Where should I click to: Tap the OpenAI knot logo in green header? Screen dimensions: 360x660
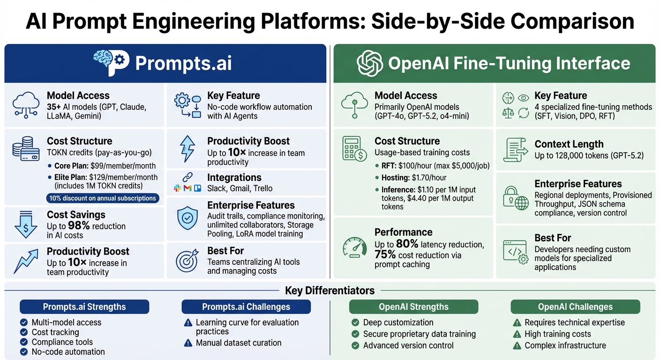coord(370,63)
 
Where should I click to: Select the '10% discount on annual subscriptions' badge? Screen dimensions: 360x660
coord(103,198)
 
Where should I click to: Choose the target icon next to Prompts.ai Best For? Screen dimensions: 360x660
coord(187,261)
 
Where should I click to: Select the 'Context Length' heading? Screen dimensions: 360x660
coord(569,144)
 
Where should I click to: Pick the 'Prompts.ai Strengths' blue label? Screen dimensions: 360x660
coord(84,307)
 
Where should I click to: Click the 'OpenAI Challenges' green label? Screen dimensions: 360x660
coord(575,307)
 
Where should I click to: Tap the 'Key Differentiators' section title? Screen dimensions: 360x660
coord(330,291)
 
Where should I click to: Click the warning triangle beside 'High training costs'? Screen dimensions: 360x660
coord(517,334)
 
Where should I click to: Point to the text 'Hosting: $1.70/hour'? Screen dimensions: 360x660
coord(411,178)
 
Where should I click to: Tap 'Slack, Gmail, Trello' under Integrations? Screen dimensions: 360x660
coord(240,188)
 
